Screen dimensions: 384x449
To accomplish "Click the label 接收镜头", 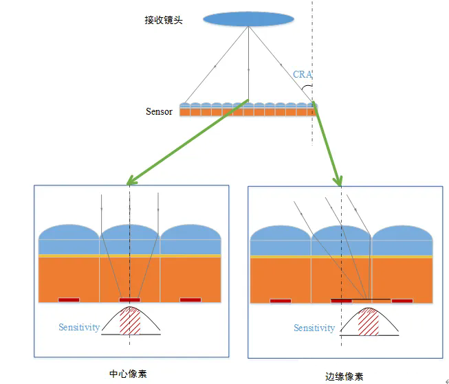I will pos(160,19).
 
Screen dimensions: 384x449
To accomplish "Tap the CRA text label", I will pos(302,74).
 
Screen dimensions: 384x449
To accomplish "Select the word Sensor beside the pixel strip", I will pos(159,111).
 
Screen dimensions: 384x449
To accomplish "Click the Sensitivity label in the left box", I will pos(79,328).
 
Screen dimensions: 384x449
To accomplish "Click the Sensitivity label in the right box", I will pos(314,328).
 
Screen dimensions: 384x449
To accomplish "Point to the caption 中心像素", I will pos(129,374).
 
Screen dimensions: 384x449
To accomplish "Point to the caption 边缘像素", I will pos(344,376).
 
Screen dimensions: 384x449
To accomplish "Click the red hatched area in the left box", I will pos(130,321).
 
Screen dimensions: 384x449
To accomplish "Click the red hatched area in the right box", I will pos(369,321).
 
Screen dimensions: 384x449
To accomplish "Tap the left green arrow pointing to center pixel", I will pos(186,144).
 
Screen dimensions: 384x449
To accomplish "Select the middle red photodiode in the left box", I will pos(129,300).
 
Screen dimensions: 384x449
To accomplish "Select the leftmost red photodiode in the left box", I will pos(69,300).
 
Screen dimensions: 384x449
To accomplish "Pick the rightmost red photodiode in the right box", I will pos(402,300).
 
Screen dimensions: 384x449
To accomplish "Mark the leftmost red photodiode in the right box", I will pos(281,300).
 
